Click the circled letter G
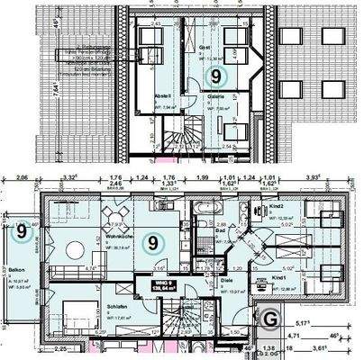(x=268, y=317)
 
